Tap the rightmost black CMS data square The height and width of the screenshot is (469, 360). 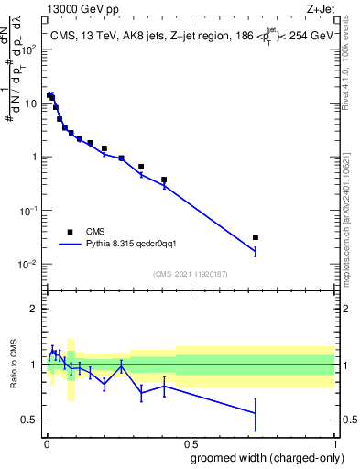(256, 237)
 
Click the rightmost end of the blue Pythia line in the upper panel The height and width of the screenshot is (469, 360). (256, 252)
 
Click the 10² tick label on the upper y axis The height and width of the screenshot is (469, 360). (28, 49)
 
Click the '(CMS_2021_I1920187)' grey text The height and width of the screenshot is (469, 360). (190, 274)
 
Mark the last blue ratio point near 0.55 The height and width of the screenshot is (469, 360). (256, 414)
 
